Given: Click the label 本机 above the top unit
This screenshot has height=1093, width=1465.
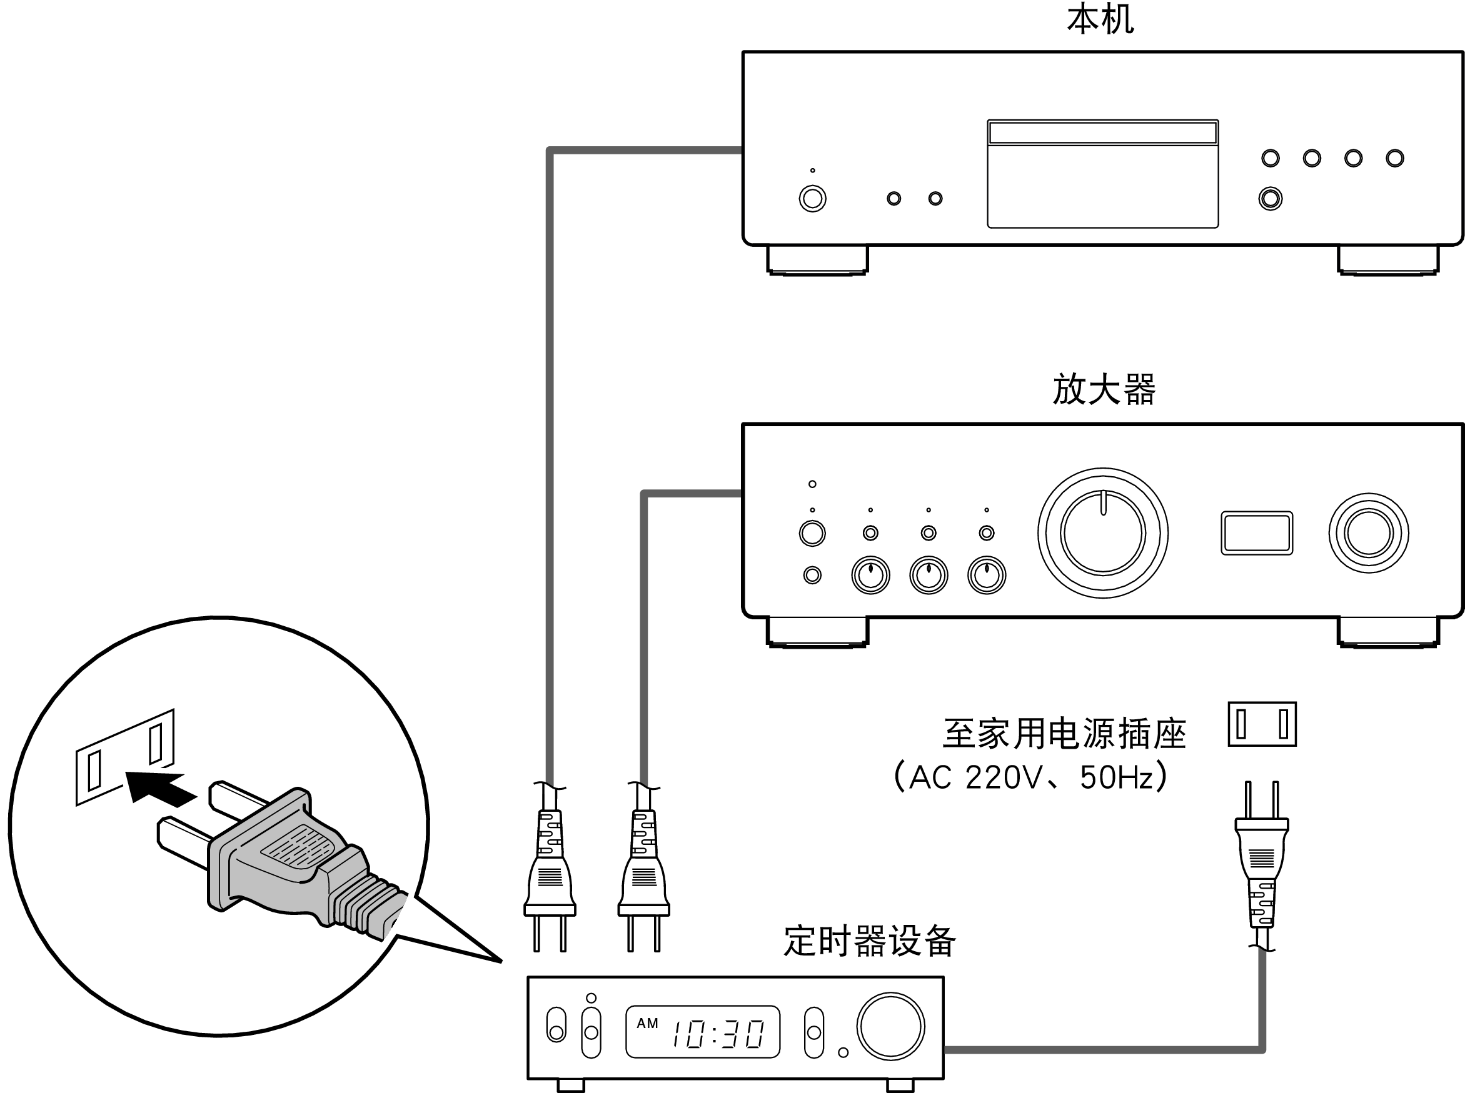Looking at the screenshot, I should pyautogui.click(x=1100, y=20).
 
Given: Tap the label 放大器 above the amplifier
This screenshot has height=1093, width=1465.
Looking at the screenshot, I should pyautogui.click(x=1104, y=389).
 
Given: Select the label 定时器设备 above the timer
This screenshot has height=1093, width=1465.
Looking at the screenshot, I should pyautogui.click(x=869, y=942).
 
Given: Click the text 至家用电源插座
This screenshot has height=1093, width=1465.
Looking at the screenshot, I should pyautogui.click(x=1064, y=734).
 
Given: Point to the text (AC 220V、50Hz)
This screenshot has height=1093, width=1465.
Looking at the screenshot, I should pyautogui.click(x=1030, y=777).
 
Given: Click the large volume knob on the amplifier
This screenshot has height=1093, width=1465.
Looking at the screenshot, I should pyautogui.click(x=1102, y=532).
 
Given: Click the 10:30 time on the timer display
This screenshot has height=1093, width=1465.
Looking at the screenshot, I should pyautogui.click(x=718, y=1034).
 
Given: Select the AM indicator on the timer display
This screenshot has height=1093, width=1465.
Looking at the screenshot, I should pyautogui.click(x=647, y=1024).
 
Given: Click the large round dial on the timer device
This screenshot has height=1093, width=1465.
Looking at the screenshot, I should pyautogui.click(x=890, y=1026).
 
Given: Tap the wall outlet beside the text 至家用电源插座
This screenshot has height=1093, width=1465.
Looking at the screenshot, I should pyautogui.click(x=1262, y=724).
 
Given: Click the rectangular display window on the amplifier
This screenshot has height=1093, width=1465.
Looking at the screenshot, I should pyautogui.click(x=1256, y=532).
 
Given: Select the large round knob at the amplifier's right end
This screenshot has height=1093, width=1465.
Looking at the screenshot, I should pyautogui.click(x=1368, y=532).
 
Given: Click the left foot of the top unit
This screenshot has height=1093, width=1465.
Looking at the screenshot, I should pyautogui.click(x=817, y=259).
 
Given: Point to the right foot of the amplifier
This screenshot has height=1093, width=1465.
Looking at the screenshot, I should pyautogui.click(x=1387, y=631).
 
